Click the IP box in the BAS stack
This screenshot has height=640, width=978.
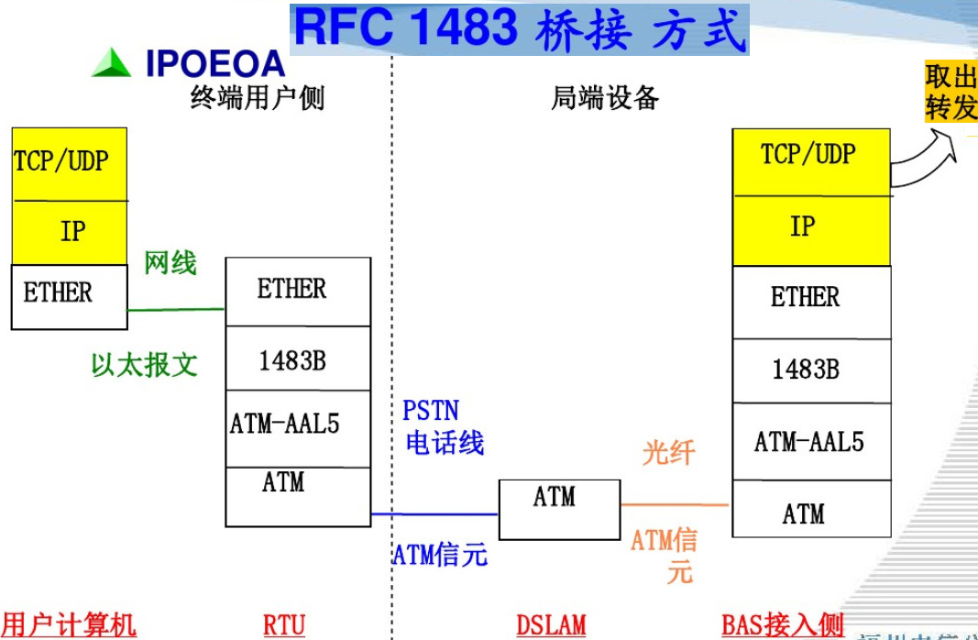[810, 226]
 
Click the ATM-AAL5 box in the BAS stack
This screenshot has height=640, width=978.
[810, 442]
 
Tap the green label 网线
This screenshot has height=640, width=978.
[170, 264]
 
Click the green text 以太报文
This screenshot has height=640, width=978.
[144, 364]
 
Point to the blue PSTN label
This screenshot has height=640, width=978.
[430, 410]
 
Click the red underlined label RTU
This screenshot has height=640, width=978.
[283, 626]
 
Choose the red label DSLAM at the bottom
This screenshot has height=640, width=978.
[550, 626]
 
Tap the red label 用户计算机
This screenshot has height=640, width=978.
[69, 626]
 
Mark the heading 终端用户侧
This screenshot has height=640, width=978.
[257, 97]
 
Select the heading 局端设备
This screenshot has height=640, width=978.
[605, 97]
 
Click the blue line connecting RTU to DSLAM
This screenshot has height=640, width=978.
[434, 514]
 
